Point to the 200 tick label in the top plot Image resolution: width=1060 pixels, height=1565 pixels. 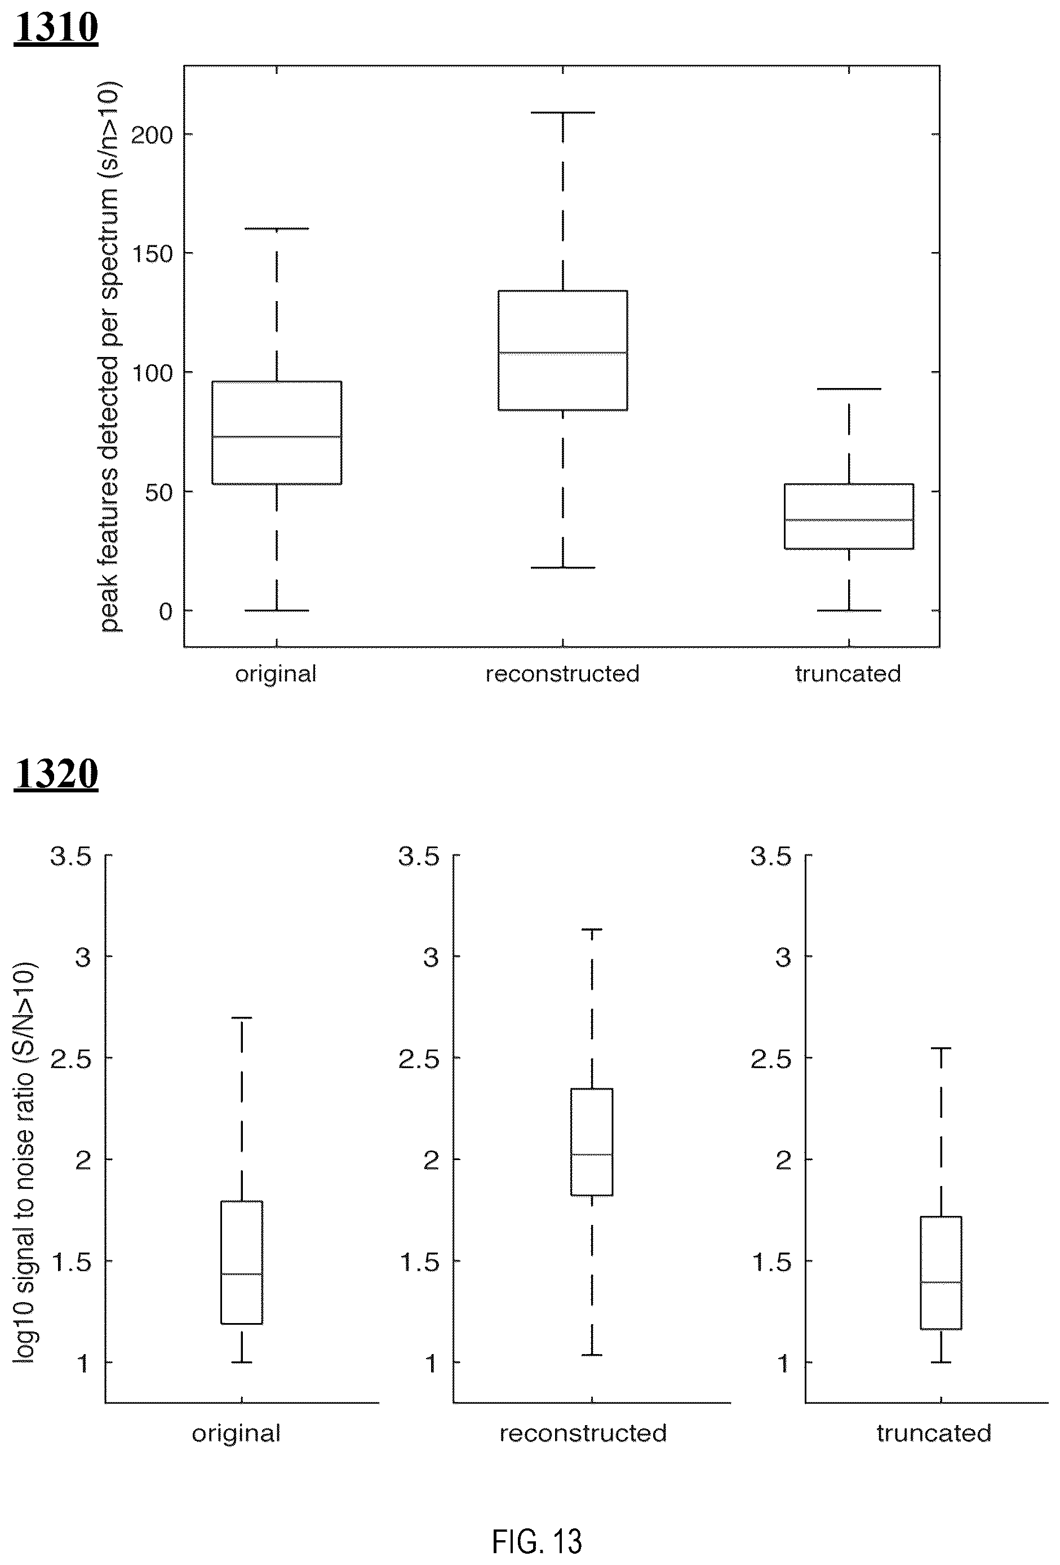click(152, 135)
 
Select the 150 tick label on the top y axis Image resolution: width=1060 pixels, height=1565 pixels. click(152, 254)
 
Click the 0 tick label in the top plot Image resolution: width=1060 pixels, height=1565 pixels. click(166, 611)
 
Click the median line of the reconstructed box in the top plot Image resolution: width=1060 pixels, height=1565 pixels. click(562, 352)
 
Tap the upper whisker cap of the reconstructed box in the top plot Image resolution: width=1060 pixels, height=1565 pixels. click(562, 112)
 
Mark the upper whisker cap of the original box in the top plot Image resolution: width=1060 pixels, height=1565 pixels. click(277, 229)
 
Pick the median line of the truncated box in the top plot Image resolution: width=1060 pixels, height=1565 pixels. click(849, 520)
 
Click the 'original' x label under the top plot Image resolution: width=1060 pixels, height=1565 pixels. click(276, 674)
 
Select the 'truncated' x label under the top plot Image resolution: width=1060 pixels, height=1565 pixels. click(848, 673)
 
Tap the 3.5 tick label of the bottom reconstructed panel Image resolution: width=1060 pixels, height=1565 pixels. click(419, 857)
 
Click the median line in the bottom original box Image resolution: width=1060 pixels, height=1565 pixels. click(242, 1274)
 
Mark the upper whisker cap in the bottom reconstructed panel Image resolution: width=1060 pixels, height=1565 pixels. click(592, 929)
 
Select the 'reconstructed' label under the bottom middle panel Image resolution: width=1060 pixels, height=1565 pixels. click(583, 1433)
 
